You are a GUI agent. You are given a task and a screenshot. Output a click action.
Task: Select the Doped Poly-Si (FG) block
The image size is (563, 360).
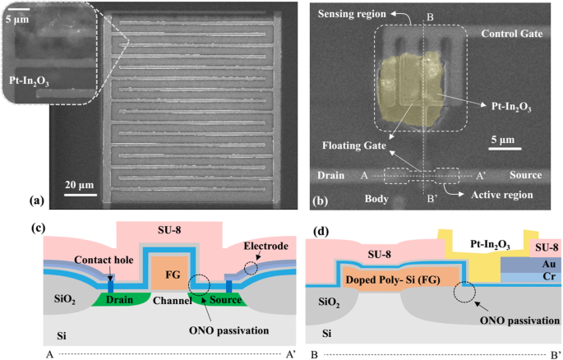(390, 277)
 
